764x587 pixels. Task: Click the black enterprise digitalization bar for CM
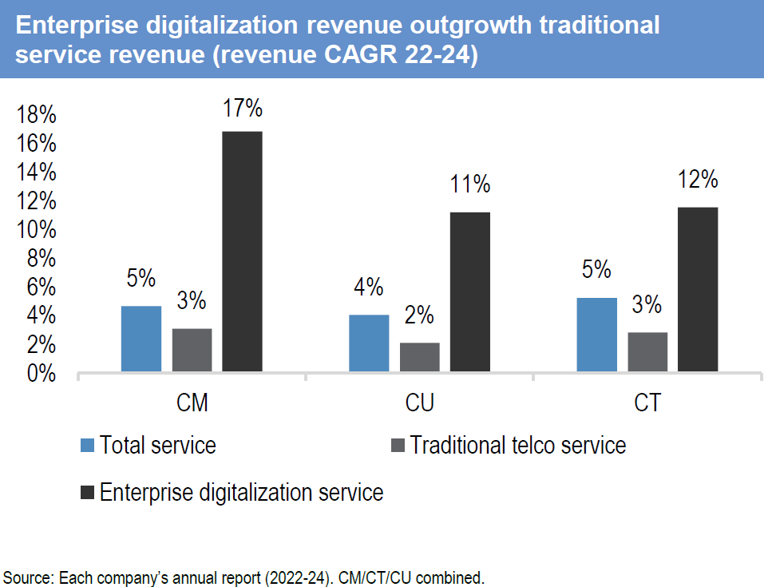(x=242, y=252)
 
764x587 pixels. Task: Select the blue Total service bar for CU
(x=369, y=343)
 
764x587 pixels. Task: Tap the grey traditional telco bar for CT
(x=647, y=352)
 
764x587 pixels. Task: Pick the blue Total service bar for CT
(x=596, y=335)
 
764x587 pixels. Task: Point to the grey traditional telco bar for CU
(x=419, y=357)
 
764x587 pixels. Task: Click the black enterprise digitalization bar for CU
(x=469, y=292)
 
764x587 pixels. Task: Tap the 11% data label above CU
(x=469, y=185)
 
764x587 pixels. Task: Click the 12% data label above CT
(x=697, y=180)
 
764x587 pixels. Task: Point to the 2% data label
(x=419, y=315)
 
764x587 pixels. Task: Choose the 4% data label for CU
(x=369, y=287)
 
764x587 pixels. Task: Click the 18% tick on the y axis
(x=37, y=116)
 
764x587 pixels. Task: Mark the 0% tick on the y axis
(x=42, y=374)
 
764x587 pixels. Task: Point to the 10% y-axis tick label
(x=37, y=231)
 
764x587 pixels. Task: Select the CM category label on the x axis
(x=192, y=403)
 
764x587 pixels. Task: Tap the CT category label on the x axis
(x=647, y=403)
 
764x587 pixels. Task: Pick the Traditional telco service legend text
(x=518, y=445)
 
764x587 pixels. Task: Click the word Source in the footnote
(x=23, y=577)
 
